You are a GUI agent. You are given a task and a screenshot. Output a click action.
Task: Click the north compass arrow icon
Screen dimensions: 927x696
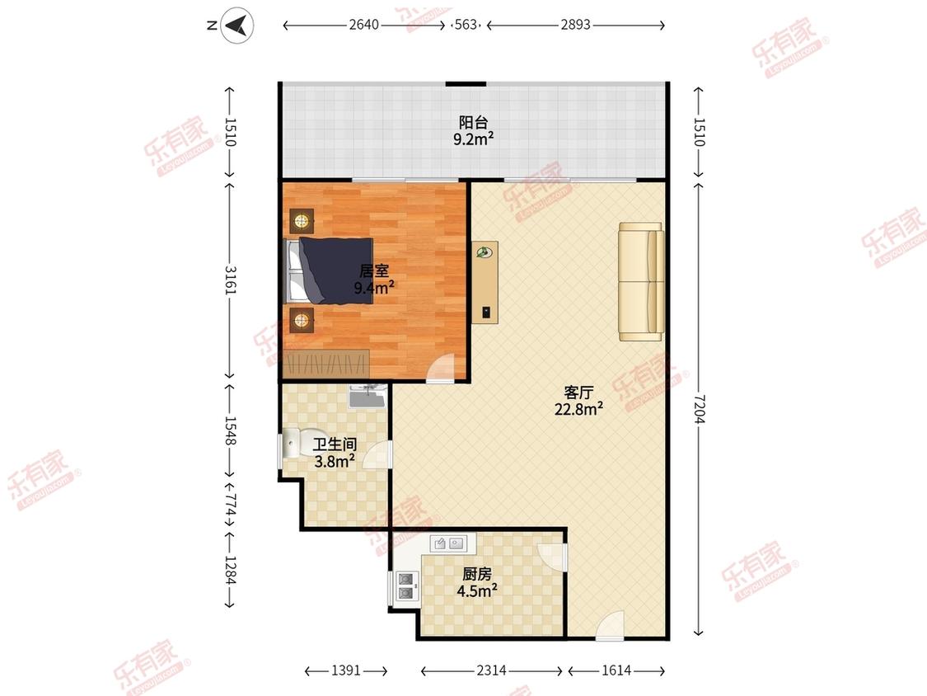237,26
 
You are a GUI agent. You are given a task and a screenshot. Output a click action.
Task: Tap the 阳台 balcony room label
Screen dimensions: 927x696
474,123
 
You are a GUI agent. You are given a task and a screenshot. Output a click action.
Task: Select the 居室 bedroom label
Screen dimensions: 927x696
374,271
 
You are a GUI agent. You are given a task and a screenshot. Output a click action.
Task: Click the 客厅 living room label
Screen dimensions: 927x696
578,393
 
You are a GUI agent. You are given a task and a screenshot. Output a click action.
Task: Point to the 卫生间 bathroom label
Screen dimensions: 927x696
335,444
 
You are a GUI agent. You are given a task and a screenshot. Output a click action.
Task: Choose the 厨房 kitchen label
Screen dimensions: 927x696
476,573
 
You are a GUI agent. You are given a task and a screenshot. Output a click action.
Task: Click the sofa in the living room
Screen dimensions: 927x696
641,282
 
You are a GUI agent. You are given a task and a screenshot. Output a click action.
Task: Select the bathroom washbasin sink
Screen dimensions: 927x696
368,396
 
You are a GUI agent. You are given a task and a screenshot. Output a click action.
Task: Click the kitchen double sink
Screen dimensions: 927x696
447,543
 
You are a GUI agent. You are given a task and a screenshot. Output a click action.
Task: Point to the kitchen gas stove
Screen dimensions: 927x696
407,586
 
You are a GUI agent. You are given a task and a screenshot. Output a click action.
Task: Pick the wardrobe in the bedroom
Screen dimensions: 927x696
326,364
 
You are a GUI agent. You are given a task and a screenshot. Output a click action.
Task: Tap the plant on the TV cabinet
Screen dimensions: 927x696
485,252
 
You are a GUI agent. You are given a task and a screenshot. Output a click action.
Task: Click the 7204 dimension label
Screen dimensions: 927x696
700,409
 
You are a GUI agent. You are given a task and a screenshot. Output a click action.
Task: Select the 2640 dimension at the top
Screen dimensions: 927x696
363,25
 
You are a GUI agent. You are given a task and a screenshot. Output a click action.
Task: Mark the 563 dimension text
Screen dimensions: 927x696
466,25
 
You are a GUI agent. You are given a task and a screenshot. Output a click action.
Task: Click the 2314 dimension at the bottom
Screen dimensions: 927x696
491,670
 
